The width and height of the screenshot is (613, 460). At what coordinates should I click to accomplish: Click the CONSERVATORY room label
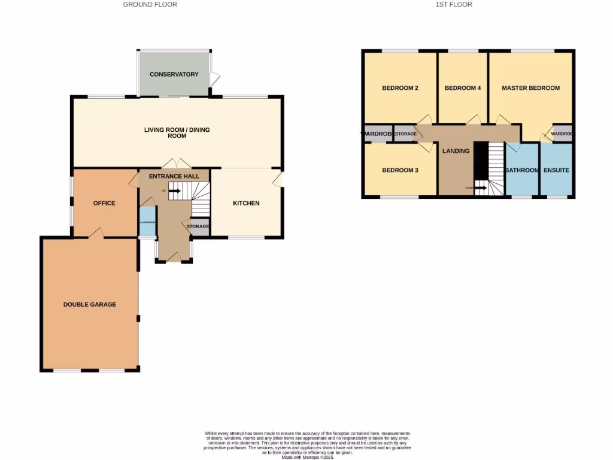pyautogui.click(x=174, y=74)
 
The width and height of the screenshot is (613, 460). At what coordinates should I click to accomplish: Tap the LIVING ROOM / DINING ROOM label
pyautogui.click(x=177, y=132)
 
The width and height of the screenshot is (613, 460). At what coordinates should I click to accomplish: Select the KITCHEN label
pyautogui.click(x=246, y=203)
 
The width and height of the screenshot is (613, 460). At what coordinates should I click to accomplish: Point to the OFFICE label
pyautogui.click(x=104, y=203)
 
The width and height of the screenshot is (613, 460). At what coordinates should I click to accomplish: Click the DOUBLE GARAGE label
pyautogui.click(x=90, y=304)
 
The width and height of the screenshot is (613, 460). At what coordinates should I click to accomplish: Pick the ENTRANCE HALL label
pyautogui.click(x=174, y=176)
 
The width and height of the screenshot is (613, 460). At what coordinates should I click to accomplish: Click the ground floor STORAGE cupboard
pyautogui.click(x=198, y=226)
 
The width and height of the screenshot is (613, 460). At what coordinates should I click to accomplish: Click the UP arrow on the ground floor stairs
pyautogui.click(x=174, y=191)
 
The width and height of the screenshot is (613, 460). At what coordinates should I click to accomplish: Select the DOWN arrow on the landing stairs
pyautogui.click(x=480, y=187)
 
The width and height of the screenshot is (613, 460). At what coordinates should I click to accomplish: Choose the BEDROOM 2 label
pyautogui.click(x=400, y=88)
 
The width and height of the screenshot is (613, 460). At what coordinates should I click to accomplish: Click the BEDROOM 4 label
pyautogui.click(x=463, y=88)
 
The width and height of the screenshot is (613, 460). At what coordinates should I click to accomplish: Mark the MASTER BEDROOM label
pyautogui.click(x=530, y=88)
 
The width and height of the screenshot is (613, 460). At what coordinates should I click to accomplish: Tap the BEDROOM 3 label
pyautogui.click(x=400, y=170)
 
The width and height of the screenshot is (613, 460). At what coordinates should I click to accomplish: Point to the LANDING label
pyautogui.click(x=456, y=151)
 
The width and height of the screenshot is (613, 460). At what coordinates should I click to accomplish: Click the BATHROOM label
pyautogui.click(x=522, y=170)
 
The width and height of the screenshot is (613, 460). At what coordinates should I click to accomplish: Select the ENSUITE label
pyautogui.click(x=556, y=170)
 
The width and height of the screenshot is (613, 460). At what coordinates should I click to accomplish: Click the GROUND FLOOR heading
pyautogui.click(x=150, y=5)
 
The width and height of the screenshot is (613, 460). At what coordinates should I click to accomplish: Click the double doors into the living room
pyautogui.click(x=174, y=164)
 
